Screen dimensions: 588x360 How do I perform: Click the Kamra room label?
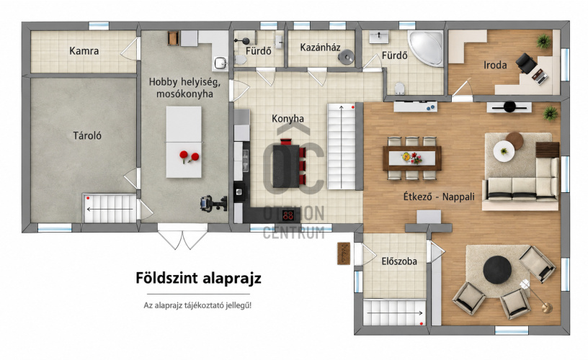point(84,51)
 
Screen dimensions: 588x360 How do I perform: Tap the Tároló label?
point(87,135)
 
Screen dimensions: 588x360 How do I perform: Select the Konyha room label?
point(288,119)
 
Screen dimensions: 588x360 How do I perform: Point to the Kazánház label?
point(320,48)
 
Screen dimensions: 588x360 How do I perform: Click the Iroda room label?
point(495,66)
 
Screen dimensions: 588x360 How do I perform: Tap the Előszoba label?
point(399,261)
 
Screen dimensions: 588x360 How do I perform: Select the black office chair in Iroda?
point(526,63)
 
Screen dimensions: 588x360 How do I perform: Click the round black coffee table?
point(497,270)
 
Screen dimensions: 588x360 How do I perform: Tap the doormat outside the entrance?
point(344,253)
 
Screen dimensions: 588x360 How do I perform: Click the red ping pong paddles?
point(189,156)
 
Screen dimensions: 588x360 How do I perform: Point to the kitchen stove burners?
point(288,215)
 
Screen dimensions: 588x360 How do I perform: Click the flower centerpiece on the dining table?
point(411,158)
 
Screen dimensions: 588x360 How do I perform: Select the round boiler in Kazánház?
point(346,57)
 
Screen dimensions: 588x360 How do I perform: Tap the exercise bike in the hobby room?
point(214,204)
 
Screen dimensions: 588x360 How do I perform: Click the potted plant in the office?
point(543,41)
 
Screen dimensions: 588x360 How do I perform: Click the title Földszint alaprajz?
point(198,279)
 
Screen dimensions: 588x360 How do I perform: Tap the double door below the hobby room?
point(182,237)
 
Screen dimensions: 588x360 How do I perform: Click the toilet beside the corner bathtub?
point(400,89)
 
